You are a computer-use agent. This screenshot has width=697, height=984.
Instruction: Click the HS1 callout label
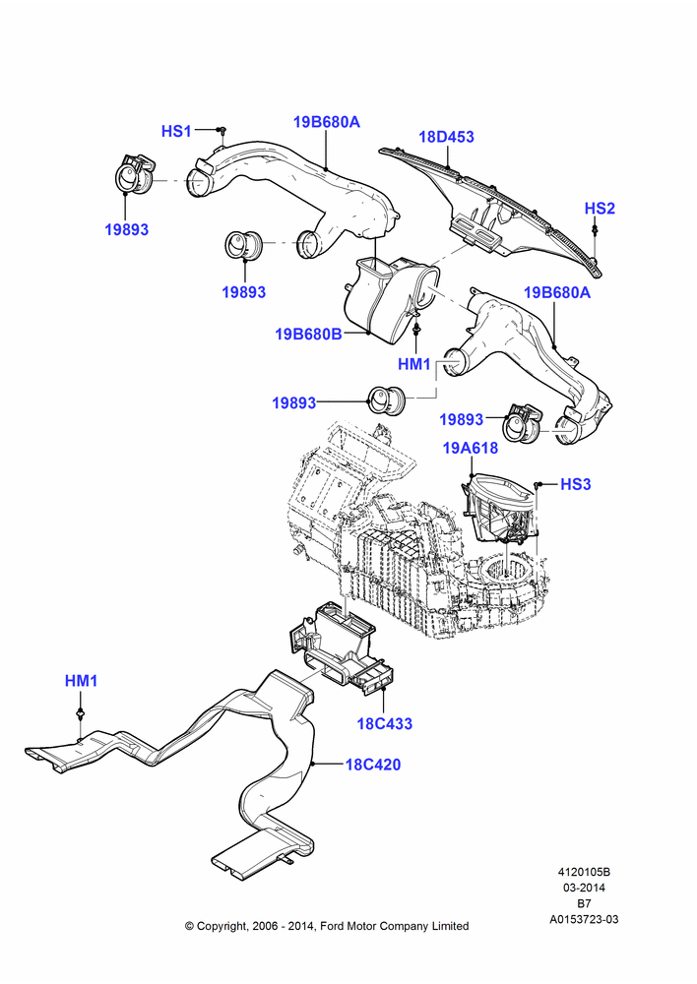tap(176, 131)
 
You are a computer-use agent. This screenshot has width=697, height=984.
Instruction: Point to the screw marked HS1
tap(222, 130)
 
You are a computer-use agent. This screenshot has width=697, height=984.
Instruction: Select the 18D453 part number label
tap(447, 137)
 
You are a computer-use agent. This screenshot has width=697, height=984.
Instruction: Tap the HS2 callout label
tap(600, 209)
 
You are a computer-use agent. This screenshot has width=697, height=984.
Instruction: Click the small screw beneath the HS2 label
tap(594, 231)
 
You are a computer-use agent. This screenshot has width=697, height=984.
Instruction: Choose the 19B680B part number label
tap(308, 334)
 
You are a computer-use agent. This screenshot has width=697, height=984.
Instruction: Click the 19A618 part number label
tap(471, 448)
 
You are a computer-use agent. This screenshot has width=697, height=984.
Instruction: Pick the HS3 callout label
tap(575, 484)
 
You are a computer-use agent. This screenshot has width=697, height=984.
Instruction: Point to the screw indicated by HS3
tap(539, 484)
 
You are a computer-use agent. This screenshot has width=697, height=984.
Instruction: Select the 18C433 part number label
tap(385, 723)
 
